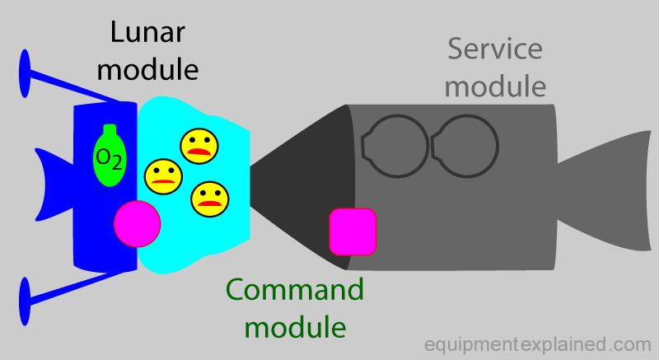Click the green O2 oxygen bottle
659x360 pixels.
point(110,156)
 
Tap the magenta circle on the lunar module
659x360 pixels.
point(138,224)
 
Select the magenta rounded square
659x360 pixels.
point(353,231)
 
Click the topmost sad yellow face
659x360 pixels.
point(199,146)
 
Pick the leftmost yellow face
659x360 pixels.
point(163,176)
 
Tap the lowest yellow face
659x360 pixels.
point(210,199)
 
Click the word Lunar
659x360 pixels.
point(147,32)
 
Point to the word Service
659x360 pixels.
point(495,49)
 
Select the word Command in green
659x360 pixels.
point(295,289)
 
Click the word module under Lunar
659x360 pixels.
point(147,70)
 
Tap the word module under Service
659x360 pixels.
point(496,86)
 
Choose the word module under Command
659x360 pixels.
point(296,327)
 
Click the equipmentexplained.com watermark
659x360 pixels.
point(538,344)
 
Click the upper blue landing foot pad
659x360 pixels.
point(25,74)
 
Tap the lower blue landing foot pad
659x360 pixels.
point(25,302)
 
